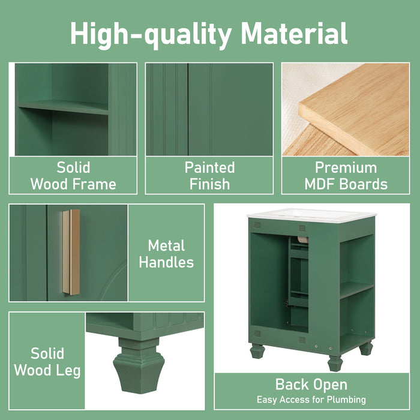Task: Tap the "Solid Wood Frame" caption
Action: click(73, 175)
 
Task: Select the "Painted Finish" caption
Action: click(209, 175)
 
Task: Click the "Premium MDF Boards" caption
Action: click(346, 175)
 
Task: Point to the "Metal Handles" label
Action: click(166, 253)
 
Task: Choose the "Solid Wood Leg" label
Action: click(47, 361)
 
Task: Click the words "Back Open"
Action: click(311, 385)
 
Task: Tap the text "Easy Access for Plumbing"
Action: click(311, 400)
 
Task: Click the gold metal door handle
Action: click(71, 252)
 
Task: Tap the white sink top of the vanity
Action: click(311, 214)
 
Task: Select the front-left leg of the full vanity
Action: click(257, 350)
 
